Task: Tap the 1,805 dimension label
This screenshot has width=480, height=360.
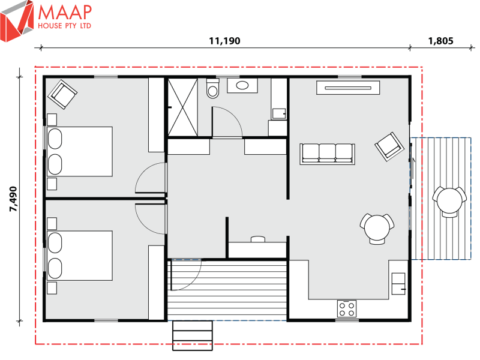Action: pos(440,41)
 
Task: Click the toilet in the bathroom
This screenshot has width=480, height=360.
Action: pos(212,89)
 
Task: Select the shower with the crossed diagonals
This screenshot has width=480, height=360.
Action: pos(184,107)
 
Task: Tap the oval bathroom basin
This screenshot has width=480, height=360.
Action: pos(243,86)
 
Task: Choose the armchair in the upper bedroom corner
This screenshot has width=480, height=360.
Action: pos(63,93)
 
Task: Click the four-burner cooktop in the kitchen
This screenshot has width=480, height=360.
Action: pos(347,308)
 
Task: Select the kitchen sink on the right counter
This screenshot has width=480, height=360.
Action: pos(398,283)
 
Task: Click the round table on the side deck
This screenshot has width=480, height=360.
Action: pos(449,201)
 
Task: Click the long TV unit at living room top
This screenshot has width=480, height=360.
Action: pos(349,88)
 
